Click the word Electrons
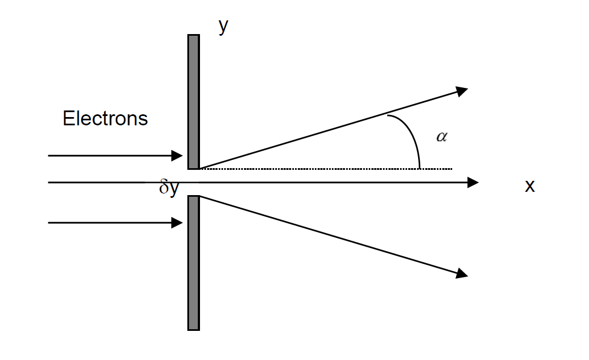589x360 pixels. [105, 119]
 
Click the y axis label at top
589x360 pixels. [223, 26]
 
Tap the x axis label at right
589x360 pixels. [529, 186]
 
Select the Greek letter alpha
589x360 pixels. [441, 137]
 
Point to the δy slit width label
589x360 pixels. [169, 188]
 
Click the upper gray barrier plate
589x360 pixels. [193, 102]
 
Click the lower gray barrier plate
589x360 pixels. [193, 263]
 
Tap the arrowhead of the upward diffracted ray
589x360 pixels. [462, 91]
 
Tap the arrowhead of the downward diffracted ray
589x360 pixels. [462, 273]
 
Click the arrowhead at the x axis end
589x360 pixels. [473, 182]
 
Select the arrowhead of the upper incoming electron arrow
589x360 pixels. [177, 156]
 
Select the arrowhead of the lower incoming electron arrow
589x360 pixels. [177, 223]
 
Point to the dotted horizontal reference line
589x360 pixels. [330, 169]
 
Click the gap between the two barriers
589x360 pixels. [193, 182]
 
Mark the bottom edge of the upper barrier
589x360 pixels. [193, 168]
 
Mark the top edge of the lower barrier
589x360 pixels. [193, 196]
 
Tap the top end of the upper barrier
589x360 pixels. [193, 36]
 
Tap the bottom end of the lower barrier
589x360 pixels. [193, 329]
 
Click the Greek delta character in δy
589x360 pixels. [164, 188]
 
